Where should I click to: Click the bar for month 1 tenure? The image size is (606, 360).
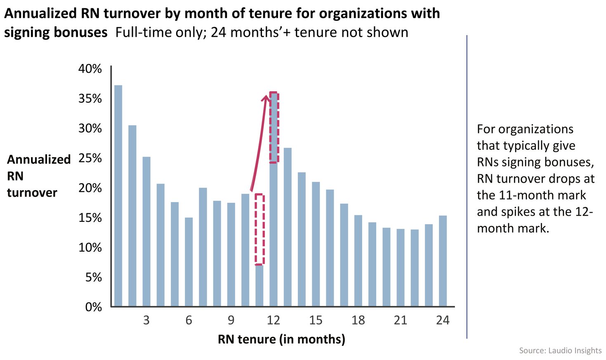118,196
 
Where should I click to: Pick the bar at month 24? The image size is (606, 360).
443,261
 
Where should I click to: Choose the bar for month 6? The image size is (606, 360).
189,262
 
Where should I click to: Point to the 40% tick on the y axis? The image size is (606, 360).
90,69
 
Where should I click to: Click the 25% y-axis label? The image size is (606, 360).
90,158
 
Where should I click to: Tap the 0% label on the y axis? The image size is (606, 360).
93,307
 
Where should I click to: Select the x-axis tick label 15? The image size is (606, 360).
316,320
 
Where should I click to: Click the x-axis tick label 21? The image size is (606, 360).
400,320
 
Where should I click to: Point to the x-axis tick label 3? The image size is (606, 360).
146,320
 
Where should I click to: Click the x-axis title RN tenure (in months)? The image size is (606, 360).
281,339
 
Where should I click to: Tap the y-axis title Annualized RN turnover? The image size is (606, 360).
38,176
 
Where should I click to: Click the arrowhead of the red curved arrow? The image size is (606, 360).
266,98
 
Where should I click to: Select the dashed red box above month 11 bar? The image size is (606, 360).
259,229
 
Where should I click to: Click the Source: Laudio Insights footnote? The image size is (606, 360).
560,351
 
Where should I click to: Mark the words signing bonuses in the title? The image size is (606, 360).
56,32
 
